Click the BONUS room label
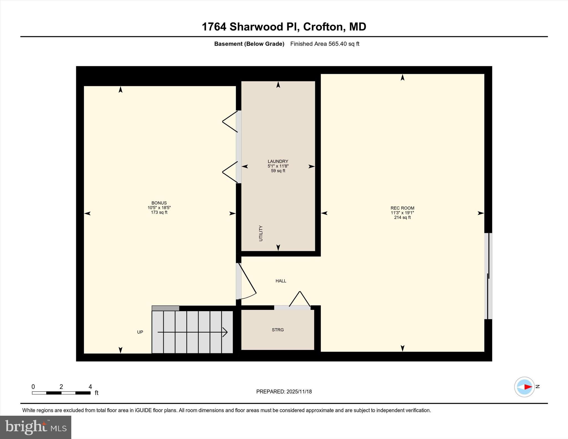(159, 203)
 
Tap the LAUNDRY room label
(278, 161)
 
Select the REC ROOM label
(402, 208)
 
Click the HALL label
(281, 281)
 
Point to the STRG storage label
(278, 330)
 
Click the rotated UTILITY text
(261, 233)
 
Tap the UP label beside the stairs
(140, 332)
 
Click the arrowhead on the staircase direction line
(225, 332)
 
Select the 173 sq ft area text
(159, 212)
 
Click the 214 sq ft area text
(402, 217)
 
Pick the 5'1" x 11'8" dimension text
(278, 166)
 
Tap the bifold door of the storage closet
(300, 300)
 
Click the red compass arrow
(528, 387)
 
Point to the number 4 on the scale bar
(90, 387)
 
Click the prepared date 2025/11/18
(299, 392)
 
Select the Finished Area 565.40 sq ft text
(324, 44)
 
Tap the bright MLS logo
(35, 427)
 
